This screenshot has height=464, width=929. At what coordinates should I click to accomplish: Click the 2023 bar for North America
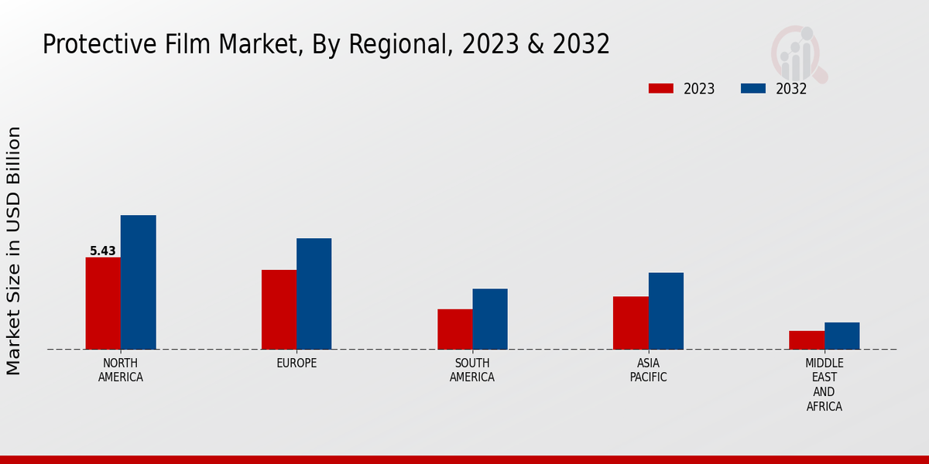tap(103, 303)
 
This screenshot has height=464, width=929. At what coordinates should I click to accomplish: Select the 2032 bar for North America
tap(138, 282)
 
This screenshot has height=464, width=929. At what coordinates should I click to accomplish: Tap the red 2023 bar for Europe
tap(279, 309)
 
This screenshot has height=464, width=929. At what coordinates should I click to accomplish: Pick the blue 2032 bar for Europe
tap(314, 294)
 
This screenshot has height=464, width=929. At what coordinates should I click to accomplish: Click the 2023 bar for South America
tap(454, 329)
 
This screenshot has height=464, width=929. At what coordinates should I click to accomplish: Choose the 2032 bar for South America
tap(490, 319)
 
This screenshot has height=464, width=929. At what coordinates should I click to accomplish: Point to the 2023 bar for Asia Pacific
tap(630, 322)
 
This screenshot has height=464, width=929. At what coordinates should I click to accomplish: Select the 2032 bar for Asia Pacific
tap(666, 311)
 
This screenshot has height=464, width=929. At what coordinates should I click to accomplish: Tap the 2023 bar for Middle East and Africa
tap(807, 340)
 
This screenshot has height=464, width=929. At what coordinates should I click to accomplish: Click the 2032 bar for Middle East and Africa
tap(842, 336)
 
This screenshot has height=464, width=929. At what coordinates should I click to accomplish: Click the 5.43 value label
tap(103, 251)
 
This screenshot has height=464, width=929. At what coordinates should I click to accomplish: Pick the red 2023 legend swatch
tap(660, 88)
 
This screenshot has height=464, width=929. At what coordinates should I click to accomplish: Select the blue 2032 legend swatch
tap(752, 88)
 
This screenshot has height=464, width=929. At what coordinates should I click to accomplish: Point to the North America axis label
tap(121, 370)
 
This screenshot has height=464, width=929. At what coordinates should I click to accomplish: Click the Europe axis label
tap(297, 363)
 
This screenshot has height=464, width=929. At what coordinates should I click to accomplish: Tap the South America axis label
tap(472, 370)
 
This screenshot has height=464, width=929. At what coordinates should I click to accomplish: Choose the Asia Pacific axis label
tap(648, 370)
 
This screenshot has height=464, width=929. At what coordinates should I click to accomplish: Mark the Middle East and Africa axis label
tap(824, 384)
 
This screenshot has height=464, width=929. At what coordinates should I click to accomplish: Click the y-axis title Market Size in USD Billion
tap(14, 251)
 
